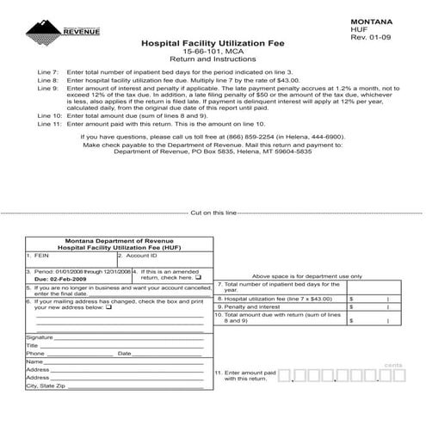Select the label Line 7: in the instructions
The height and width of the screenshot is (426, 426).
(48, 72)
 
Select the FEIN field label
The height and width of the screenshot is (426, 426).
(39, 256)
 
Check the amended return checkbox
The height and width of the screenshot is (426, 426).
(199, 278)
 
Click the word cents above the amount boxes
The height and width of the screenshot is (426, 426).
(394, 365)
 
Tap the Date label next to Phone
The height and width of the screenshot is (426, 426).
(124, 354)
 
